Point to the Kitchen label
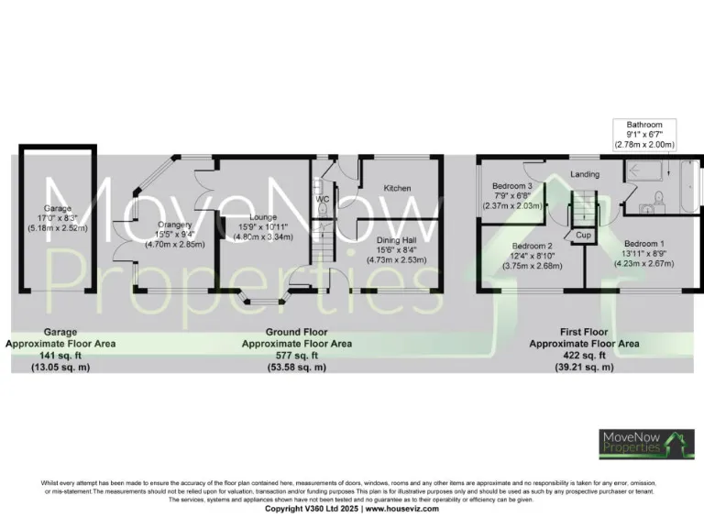397,188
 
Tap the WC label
323,199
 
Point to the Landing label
584,174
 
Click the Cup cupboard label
582,236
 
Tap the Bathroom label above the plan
644,125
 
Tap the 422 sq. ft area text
584,356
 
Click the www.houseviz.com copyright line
352,508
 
